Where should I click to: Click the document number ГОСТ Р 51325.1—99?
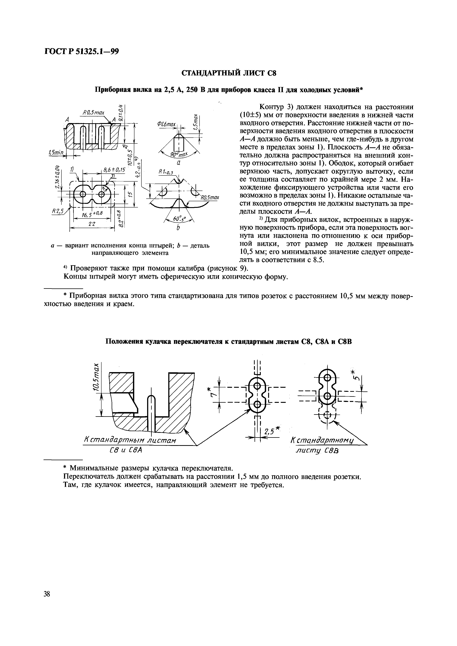coord(82,52)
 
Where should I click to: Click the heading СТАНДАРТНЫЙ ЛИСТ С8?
coord(228,73)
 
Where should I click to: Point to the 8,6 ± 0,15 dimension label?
coord(114,170)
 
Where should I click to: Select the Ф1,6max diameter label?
coord(166,124)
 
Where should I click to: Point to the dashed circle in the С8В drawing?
coord(327,416)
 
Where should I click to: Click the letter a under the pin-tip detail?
coord(178,163)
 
